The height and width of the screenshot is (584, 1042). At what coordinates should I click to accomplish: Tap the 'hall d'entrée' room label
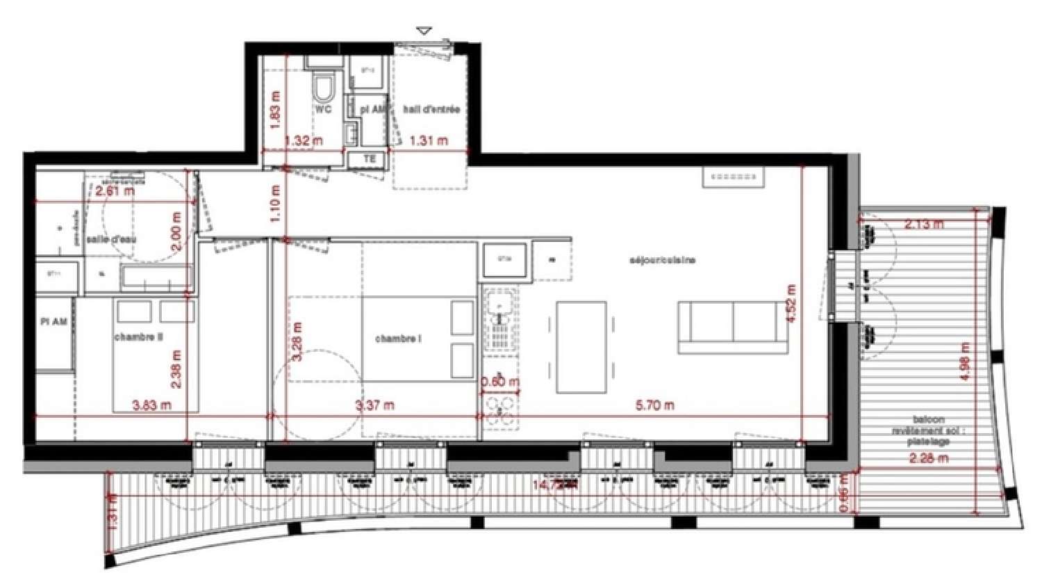(431, 110)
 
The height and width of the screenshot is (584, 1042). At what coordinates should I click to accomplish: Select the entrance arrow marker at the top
(424, 31)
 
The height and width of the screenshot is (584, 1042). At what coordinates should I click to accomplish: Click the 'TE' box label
(370, 159)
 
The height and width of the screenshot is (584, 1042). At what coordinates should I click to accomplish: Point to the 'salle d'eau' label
(111, 239)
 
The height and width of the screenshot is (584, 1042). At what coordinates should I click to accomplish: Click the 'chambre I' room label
(398, 339)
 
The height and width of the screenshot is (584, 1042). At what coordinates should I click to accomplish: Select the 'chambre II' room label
(138, 337)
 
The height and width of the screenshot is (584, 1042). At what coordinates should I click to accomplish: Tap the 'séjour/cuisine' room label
(662, 260)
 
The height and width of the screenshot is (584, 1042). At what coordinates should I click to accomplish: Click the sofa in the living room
(728, 327)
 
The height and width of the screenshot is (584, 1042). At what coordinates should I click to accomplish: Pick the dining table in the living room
(581, 346)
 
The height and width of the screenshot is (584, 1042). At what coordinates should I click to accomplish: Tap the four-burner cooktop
(500, 410)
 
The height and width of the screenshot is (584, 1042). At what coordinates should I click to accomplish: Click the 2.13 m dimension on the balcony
(924, 224)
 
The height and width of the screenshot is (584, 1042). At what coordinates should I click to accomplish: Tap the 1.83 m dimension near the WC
(275, 111)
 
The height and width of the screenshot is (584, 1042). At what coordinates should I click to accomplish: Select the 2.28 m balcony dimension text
(928, 458)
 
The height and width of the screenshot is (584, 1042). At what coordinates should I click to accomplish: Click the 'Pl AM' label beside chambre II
(54, 323)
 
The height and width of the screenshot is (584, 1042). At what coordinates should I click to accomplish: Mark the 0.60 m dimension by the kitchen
(499, 382)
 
